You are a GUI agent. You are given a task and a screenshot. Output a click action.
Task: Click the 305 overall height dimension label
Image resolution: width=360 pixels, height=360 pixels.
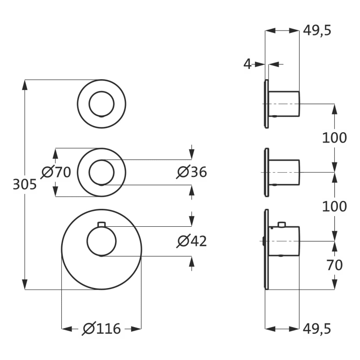tap(24, 184)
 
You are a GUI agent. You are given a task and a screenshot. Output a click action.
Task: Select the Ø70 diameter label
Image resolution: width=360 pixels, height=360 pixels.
tap(56, 172)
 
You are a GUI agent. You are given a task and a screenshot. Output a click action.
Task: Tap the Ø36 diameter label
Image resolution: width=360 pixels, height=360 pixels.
tap(192, 172)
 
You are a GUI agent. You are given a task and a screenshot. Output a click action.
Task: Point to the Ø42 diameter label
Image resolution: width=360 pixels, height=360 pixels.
tap(192, 240)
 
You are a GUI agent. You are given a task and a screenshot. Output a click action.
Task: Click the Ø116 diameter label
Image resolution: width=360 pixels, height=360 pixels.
tap(101, 328)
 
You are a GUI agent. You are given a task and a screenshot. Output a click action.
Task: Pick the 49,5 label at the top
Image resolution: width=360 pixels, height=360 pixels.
tap(317, 30)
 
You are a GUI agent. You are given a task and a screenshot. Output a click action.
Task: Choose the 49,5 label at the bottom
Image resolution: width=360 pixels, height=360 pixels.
tap(317, 328)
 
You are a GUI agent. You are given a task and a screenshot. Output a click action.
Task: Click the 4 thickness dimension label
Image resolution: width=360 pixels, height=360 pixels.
tap(248, 64)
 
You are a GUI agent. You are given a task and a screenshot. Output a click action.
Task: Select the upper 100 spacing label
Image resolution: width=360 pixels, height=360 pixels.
tap(334, 138)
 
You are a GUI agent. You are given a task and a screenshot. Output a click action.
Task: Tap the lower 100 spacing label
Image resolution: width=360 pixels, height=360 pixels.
tap(334, 206)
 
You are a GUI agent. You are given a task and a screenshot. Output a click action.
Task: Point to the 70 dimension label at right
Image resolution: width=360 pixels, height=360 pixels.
tap(334, 266)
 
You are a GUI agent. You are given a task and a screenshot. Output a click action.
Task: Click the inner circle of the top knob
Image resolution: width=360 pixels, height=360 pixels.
tap(101, 104)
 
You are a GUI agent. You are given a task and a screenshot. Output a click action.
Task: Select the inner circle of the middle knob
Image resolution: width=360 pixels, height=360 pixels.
tap(101, 172)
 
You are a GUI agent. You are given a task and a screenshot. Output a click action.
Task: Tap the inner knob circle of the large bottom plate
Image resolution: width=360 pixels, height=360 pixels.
tap(101, 241)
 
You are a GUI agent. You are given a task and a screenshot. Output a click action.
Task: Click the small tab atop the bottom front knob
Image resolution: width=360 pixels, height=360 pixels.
tap(101, 224)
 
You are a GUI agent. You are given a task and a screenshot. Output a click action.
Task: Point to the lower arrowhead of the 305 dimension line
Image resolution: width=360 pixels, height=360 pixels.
tap(24, 285)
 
